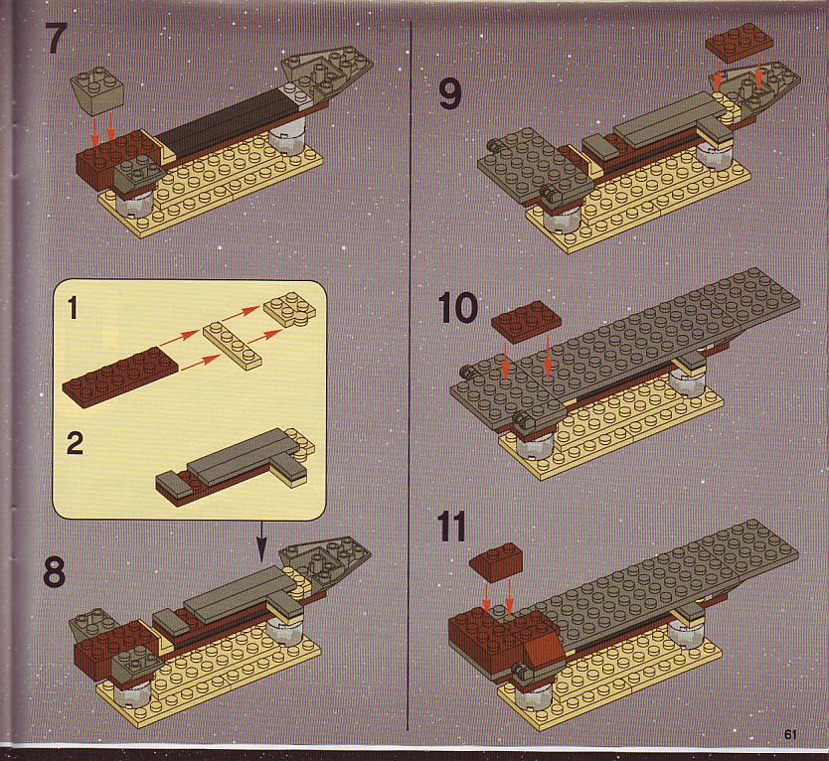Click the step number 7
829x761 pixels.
(x=57, y=38)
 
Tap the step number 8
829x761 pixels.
(x=55, y=571)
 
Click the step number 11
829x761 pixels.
(x=452, y=527)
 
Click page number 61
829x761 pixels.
(x=790, y=734)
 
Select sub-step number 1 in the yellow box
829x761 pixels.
(x=74, y=308)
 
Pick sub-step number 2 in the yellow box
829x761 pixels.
(x=75, y=443)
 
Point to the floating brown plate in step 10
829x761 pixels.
(x=524, y=323)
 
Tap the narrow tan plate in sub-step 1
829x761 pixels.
(x=234, y=344)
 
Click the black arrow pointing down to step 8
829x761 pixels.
(x=261, y=541)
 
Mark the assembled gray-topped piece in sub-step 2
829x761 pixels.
(x=235, y=465)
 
